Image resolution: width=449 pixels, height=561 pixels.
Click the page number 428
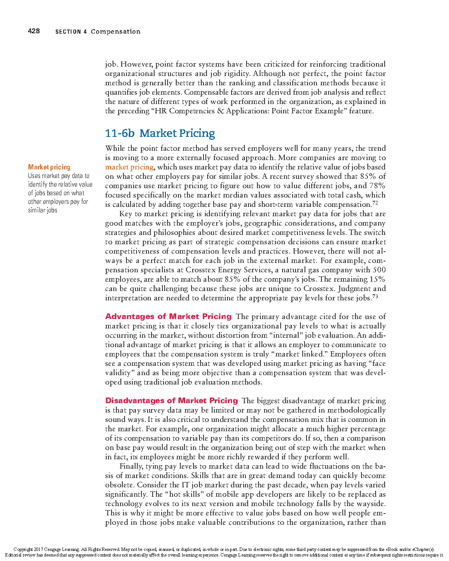[34, 31]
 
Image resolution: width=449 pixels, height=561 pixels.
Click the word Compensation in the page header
[116, 31]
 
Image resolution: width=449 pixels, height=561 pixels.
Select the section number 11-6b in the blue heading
[119, 133]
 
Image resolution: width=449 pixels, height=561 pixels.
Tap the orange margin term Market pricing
[49, 167]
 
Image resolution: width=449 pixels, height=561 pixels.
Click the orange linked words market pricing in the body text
[129, 167]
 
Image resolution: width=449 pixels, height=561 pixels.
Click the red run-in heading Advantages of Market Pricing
[168, 316]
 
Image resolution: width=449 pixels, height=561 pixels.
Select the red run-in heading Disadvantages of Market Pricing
[171, 401]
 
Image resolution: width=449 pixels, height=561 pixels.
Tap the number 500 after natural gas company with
[379, 270]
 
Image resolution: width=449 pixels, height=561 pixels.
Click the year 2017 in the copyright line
[39, 549]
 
